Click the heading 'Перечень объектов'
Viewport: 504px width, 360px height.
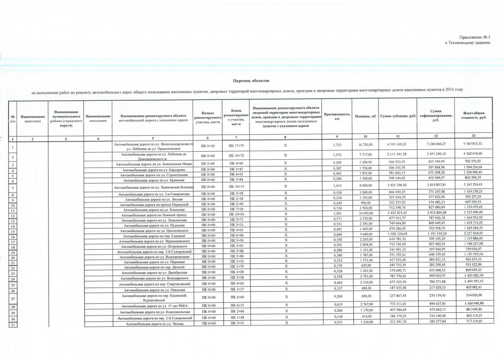pos(250,81)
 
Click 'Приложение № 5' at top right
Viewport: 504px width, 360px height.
pos(474,37)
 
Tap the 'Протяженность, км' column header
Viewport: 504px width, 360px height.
pos(337,117)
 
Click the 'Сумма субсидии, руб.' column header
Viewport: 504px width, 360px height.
pos(397,117)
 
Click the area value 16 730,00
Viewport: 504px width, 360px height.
pos(366,144)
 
